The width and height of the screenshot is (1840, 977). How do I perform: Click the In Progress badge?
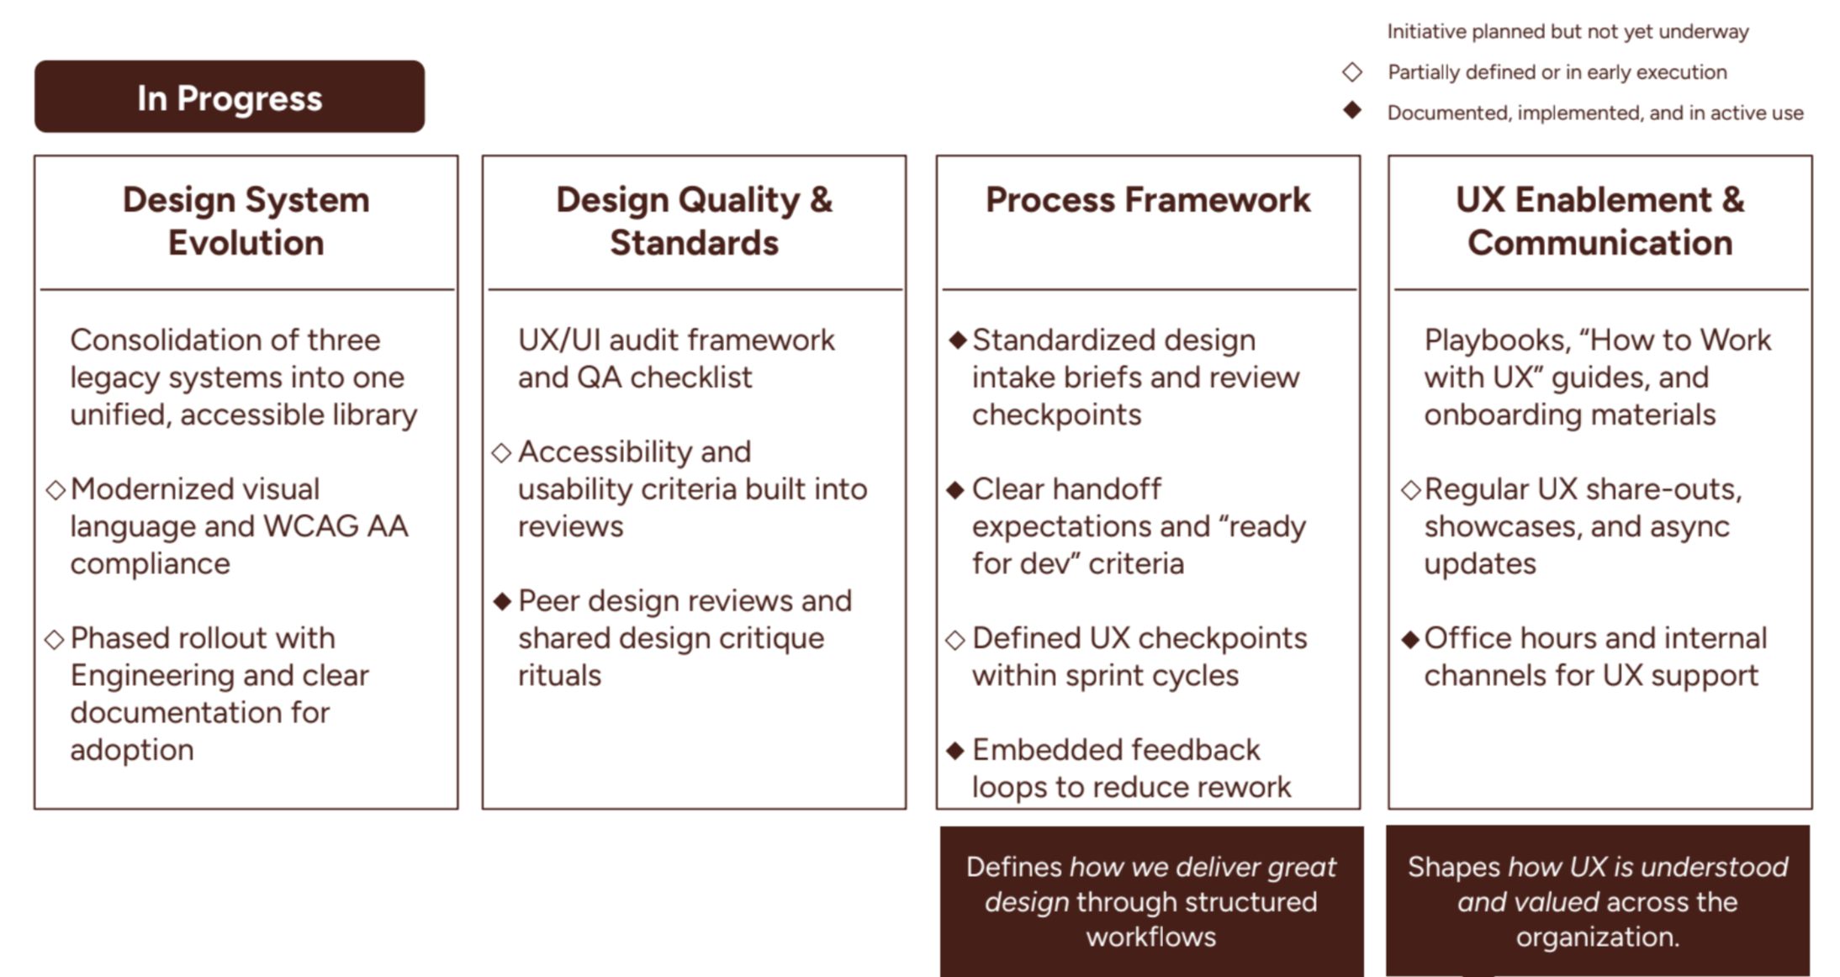coord(229,97)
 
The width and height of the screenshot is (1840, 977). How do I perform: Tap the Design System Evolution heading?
coord(246,221)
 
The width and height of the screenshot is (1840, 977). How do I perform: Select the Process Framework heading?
coord(1147,200)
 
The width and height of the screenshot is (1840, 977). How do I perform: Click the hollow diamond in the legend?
coord(1351,72)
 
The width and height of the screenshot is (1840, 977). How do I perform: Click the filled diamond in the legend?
coord(1351,110)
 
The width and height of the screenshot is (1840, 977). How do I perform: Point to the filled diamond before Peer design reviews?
coord(502,601)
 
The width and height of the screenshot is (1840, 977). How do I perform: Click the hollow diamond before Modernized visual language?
coord(56,490)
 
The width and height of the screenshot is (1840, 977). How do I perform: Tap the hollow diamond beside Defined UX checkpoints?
coord(954,640)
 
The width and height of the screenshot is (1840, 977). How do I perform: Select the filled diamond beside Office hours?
coord(1410,639)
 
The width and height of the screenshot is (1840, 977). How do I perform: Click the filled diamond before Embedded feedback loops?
coord(954,751)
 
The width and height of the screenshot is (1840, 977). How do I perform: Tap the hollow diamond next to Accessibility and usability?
coord(501,453)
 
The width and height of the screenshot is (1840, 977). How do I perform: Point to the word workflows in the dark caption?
coord(1150,937)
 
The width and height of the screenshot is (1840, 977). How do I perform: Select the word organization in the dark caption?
coord(1597,937)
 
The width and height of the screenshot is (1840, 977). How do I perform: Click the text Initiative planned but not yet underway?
coord(1567,32)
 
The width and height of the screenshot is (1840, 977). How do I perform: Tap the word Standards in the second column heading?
coord(694,243)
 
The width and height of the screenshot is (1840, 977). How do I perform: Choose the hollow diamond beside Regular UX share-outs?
coord(1410,490)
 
